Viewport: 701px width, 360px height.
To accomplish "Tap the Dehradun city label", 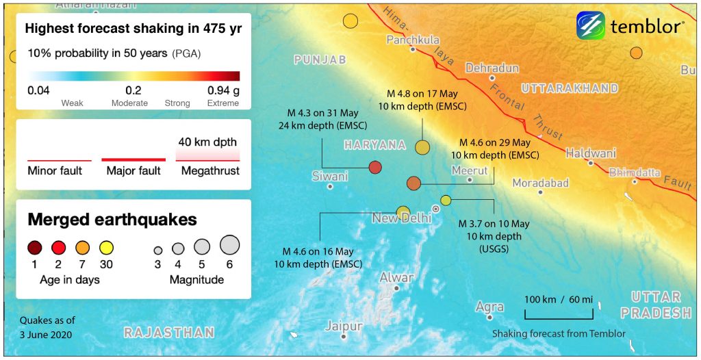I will pyautogui.click(x=492, y=68).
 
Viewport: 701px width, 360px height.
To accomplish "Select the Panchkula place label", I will pyautogui.click(x=413, y=40).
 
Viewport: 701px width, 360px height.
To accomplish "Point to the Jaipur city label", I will pyautogui.click(x=343, y=326).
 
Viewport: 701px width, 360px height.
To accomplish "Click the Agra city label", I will pyautogui.click(x=489, y=307).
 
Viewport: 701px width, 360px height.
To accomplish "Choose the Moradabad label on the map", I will pyautogui.click(x=541, y=183).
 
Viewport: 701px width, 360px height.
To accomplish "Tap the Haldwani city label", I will pyautogui.click(x=591, y=153).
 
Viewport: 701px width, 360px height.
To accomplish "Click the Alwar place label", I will pyautogui.click(x=396, y=277).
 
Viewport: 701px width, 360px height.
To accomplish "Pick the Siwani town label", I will pyautogui.click(x=330, y=176).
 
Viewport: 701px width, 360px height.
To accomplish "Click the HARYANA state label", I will pyautogui.click(x=374, y=145).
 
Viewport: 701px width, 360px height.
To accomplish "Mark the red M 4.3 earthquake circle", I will pyautogui.click(x=375, y=167).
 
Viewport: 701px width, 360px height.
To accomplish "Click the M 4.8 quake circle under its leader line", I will pyautogui.click(x=422, y=146).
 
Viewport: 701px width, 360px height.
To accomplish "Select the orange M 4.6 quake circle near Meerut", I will pyautogui.click(x=413, y=183).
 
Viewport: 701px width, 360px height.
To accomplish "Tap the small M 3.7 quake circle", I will pyautogui.click(x=446, y=200).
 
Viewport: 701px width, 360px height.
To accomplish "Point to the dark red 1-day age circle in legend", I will pyautogui.click(x=35, y=248).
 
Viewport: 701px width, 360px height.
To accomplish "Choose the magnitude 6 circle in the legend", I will pyautogui.click(x=229, y=244).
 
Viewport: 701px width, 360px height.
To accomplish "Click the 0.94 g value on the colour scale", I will pyautogui.click(x=223, y=90).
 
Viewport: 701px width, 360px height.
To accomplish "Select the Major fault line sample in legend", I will pyautogui.click(x=133, y=159).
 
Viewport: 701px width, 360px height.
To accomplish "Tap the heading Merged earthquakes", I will pyautogui.click(x=112, y=220).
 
